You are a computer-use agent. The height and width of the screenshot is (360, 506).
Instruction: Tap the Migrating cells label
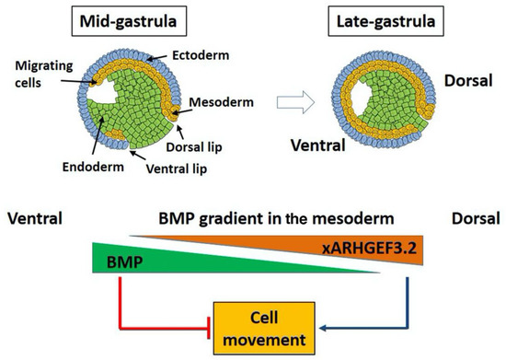coord(36,75)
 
